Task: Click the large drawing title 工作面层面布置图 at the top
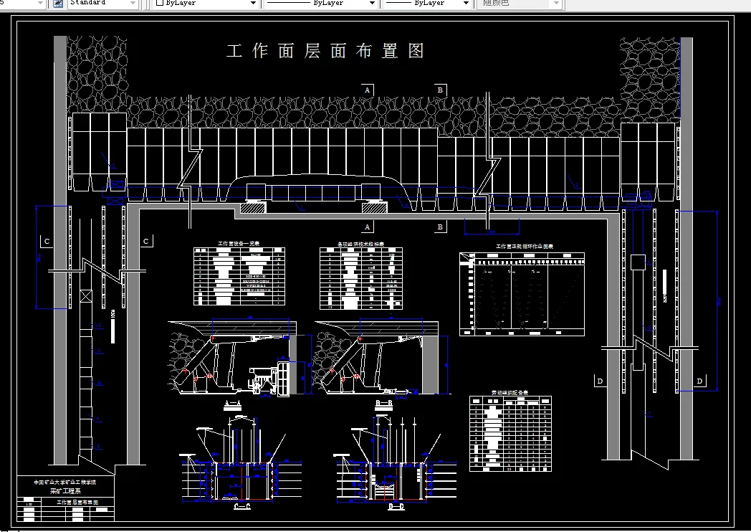coord(325,51)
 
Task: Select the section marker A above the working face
coord(368,90)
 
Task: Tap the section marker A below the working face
coord(368,227)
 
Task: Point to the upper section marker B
coord(440,90)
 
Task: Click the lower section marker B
coord(440,227)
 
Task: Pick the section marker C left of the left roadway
coord(47,242)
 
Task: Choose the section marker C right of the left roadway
coord(145,242)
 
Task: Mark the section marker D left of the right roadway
coord(600,381)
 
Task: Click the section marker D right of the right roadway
coord(699,381)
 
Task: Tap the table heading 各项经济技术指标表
coord(360,244)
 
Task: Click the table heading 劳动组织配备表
coord(510,392)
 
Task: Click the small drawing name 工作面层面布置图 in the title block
coord(77,503)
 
